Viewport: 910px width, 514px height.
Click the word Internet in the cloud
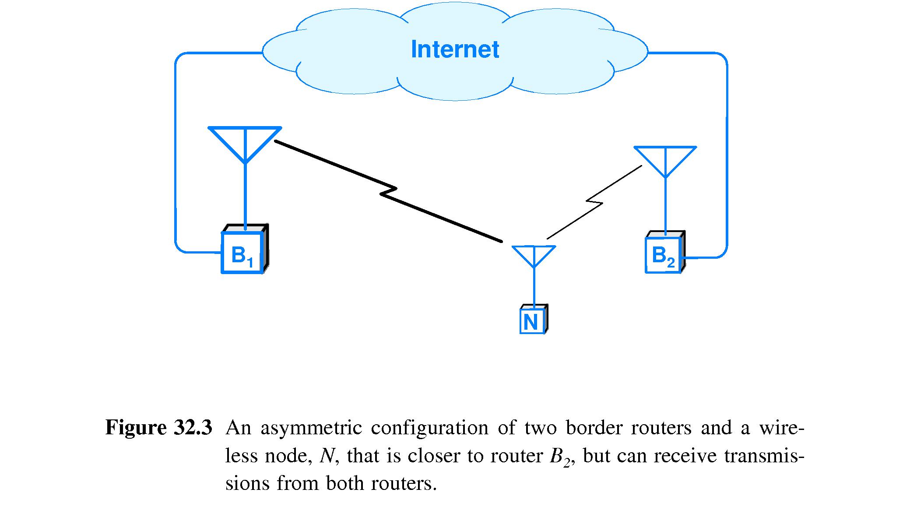pos(455,49)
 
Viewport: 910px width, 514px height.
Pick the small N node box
pos(531,322)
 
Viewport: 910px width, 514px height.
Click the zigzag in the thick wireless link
pos(388,193)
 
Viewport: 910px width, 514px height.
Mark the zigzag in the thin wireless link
pos(595,202)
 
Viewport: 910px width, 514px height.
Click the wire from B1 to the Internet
pos(176,153)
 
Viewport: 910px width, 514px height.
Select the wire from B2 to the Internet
pos(727,153)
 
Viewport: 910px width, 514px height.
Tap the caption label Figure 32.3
pos(158,427)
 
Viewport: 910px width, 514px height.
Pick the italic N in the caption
pos(327,456)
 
